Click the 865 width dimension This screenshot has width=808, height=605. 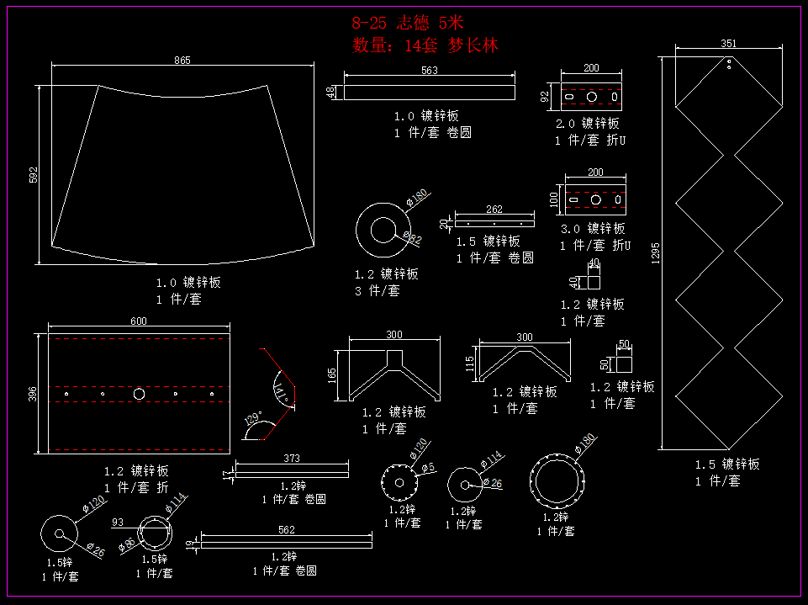tap(182, 60)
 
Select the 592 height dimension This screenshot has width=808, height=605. tap(34, 175)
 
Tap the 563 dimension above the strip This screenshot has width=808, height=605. tap(430, 71)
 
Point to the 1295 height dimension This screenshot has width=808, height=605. tap(656, 252)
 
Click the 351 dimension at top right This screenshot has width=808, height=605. tap(729, 44)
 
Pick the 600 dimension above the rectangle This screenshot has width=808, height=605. tap(138, 321)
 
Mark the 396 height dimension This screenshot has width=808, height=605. tap(33, 394)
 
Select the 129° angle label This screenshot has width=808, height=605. tap(252, 418)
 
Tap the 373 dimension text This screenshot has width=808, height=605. tap(292, 459)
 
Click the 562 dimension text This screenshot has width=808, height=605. tap(287, 530)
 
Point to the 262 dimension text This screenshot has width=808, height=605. tap(494, 210)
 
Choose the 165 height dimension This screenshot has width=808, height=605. tap(333, 374)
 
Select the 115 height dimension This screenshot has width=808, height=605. tap(471, 364)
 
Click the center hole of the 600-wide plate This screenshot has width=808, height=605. tap(139, 394)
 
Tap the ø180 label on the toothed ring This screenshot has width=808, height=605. tap(586, 440)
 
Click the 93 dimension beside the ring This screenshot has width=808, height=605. tap(118, 523)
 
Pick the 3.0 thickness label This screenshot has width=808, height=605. tap(570, 229)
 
